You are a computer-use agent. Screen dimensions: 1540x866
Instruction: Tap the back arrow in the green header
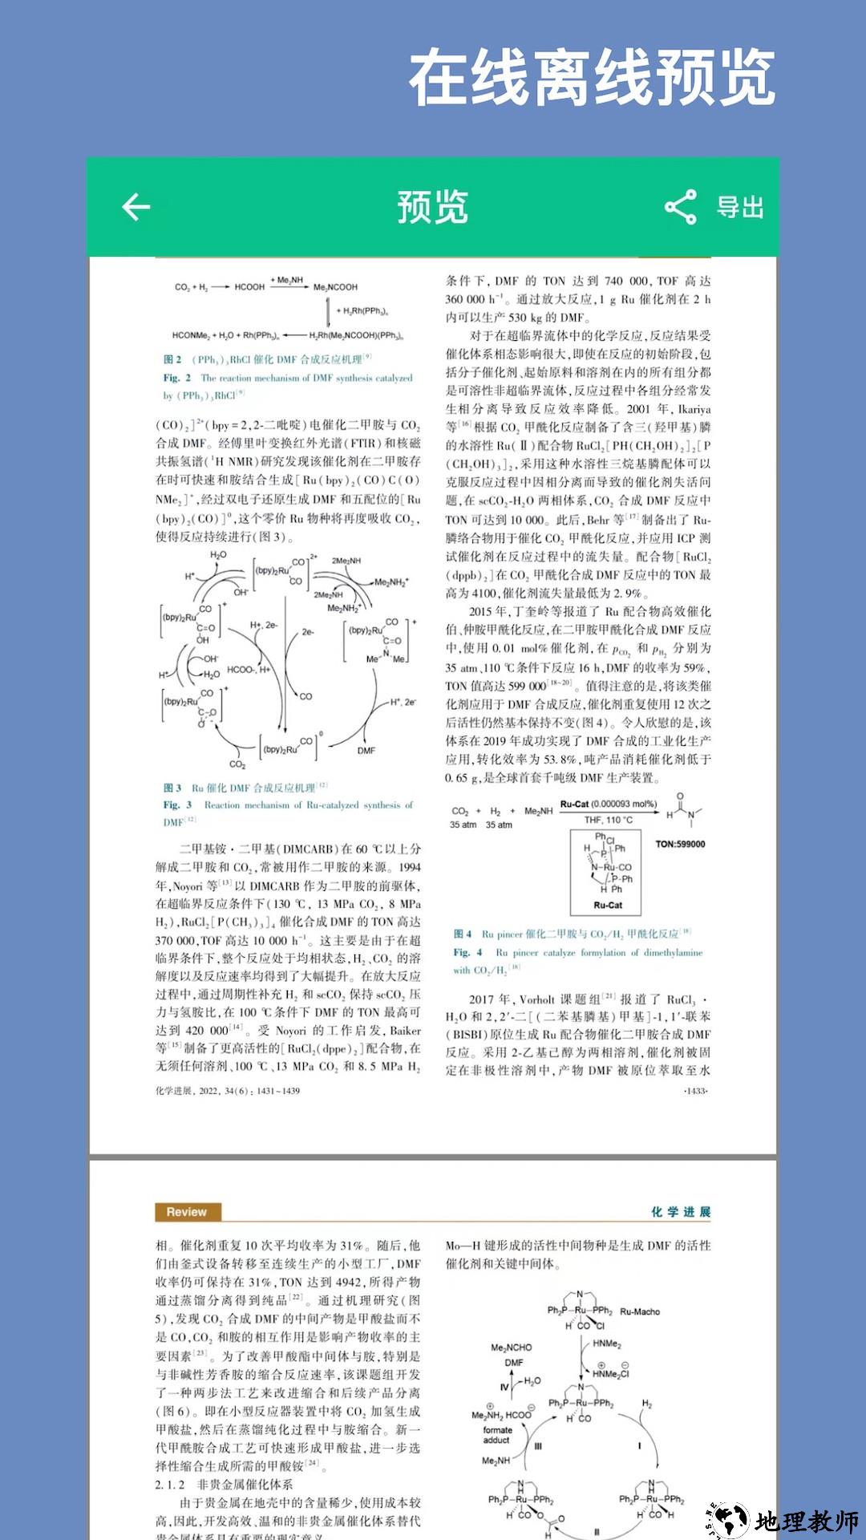pyautogui.click(x=136, y=207)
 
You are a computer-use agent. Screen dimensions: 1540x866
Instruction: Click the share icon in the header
pyautogui.click(x=680, y=207)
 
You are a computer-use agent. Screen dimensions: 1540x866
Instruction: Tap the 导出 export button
pyautogui.click(x=739, y=207)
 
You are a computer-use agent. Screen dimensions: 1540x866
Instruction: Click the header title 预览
pyautogui.click(x=432, y=207)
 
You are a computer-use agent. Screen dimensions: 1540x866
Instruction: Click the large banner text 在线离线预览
pyautogui.click(x=592, y=78)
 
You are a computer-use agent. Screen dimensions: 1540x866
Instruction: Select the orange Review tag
pyautogui.click(x=187, y=1212)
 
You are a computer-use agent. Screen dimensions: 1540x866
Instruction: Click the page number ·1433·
pyautogui.click(x=695, y=1091)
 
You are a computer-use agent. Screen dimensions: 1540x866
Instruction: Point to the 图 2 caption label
pyautogui.click(x=172, y=359)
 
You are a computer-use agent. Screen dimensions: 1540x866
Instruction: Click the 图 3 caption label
pyautogui.click(x=172, y=788)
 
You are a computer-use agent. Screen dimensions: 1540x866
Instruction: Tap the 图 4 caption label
pyautogui.click(x=463, y=934)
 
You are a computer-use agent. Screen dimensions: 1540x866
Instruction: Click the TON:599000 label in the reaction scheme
pyautogui.click(x=680, y=844)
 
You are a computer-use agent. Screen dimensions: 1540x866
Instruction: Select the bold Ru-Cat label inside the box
pyautogui.click(x=608, y=905)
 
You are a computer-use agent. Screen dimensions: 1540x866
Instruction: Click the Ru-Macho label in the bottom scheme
pyautogui.click(x=640, y=1311)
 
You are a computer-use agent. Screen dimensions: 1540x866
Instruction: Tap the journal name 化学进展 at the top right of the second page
pyautogui.click(x=680, y=1212)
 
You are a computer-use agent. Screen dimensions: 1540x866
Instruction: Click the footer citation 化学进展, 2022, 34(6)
pyautogui.click(x=228, y=1091)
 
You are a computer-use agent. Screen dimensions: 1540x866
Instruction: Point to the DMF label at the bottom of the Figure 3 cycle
pyautogui.click(x=366, y=751)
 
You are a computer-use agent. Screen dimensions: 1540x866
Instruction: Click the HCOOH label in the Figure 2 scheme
pyautogui.click(x=249, y=287)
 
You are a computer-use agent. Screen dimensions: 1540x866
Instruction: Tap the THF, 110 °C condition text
pyautogui.click(x=608, y=820)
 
